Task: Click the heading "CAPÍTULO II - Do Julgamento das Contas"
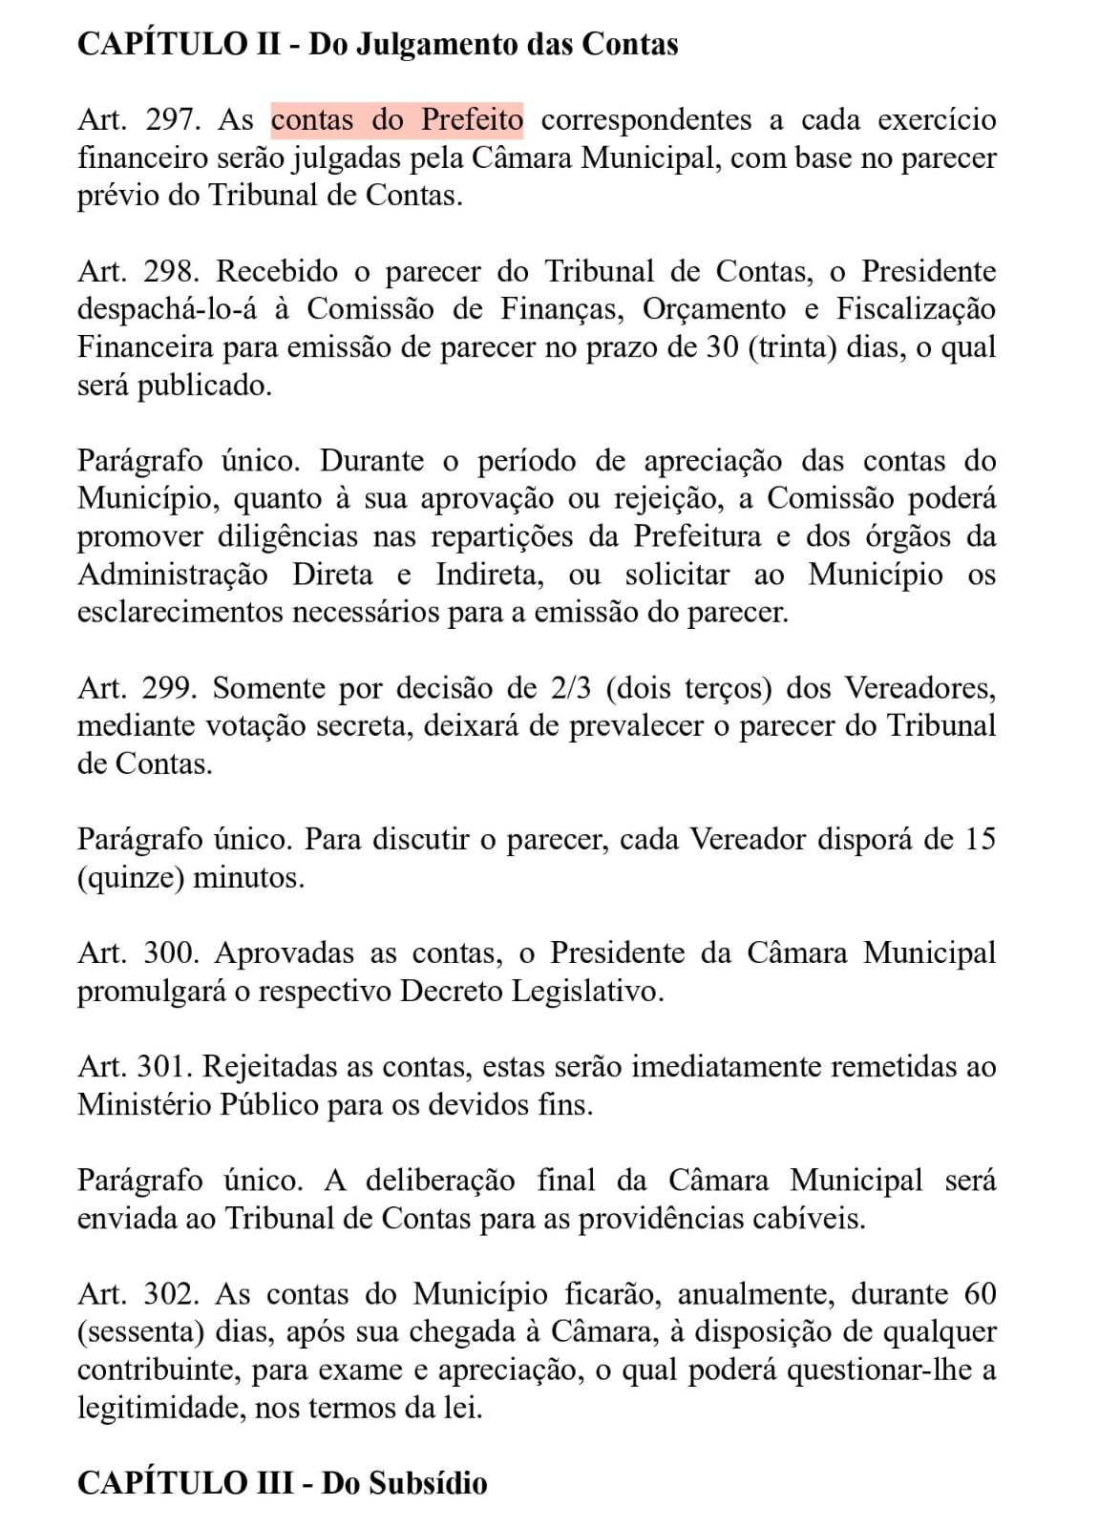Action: pos(377,45)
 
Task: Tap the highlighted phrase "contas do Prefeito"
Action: pos(397,120)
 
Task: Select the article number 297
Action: pos(173,120)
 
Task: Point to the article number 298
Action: pos(171,272)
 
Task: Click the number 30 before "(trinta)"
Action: pos(722,347)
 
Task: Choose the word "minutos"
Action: pos(248,877)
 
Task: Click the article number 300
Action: pos(171,953)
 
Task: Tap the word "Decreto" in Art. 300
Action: pos(452,992)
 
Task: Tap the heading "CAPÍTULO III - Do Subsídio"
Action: pos(282,1483)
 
